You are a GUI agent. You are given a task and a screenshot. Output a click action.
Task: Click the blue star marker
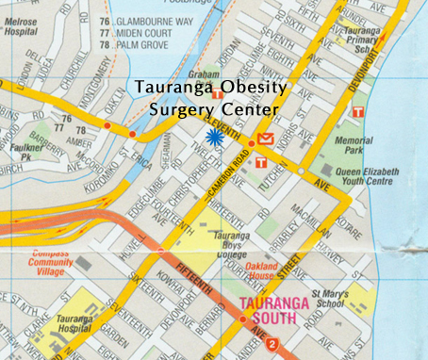pyautogui.click(x=216, y=138)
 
